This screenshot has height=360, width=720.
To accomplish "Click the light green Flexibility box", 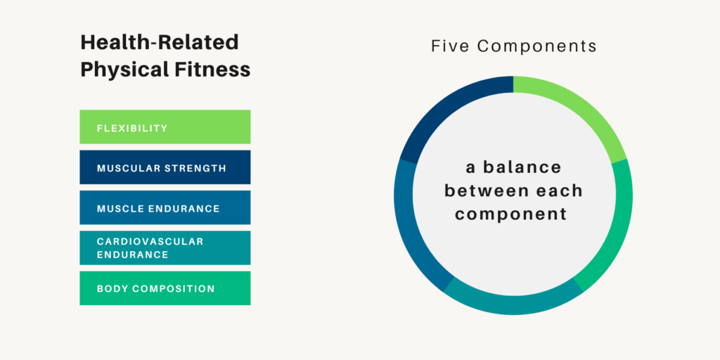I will click(x=165, y=127).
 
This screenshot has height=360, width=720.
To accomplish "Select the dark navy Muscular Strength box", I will click(x=165, y=167).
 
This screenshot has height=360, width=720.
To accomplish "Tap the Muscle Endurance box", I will click(x=165, y=208).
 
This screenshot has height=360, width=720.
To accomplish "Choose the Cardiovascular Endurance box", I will click(x=165, y=247).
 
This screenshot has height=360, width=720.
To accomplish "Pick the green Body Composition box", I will click(x=165, y=288).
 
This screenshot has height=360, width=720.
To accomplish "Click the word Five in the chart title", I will click(x=450, y=46).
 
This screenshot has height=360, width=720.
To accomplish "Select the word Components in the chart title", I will click(x=537, y=46).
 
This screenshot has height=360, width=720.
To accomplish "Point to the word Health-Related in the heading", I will click(x=160, y=43).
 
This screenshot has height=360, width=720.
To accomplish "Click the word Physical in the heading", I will click(x=122, y=70).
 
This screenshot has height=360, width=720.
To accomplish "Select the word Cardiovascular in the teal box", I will click(x=150, y=241).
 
